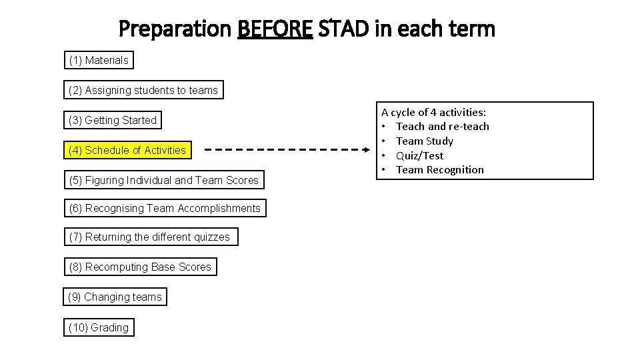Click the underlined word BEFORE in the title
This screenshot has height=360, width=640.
coord(275,29)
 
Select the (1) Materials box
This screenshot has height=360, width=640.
coord(99,61)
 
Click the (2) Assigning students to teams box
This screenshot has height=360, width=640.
coord(143,90)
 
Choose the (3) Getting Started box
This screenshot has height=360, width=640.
coord(113,121)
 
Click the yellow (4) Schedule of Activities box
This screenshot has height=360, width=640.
coord(127,151)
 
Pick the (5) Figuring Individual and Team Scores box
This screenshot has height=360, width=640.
coord(163,180)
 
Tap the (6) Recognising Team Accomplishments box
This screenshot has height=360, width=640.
coord(165,209)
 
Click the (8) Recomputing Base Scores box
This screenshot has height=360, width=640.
coord(140,267)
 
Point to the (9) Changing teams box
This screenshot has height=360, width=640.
coord(115,297)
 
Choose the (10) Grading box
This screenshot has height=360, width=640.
coord(99,327)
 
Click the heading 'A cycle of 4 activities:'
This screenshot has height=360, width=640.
coord(433,112)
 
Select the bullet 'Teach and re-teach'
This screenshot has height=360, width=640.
coord(442,127)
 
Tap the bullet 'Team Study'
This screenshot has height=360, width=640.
coord(424,141)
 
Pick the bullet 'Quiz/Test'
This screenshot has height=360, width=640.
coord(419,156)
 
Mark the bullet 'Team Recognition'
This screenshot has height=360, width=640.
coord(439,170)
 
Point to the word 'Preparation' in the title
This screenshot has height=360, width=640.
coord(174,29)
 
